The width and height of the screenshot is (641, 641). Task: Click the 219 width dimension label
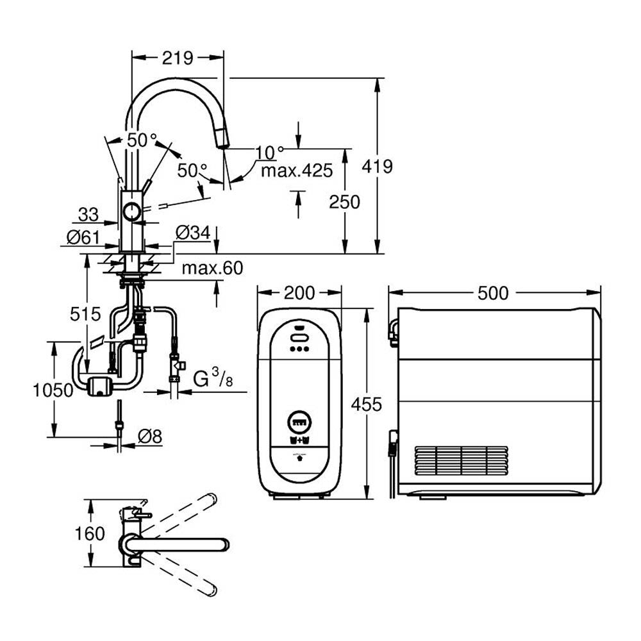click(178, 58)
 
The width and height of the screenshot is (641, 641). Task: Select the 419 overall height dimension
click(377, 167)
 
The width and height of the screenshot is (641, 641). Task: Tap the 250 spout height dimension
click(344, 201)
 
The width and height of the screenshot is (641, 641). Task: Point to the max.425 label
click(297, 170)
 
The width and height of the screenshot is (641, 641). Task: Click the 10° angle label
click(269, 152)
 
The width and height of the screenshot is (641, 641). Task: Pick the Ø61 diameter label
click(83, 238)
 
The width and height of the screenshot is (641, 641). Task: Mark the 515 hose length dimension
click(86, 313)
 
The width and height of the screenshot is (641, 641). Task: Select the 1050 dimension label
click(53, 390)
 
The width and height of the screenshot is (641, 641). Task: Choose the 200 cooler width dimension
click(299, 293)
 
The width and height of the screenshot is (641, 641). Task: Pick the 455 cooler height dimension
click(367, 404)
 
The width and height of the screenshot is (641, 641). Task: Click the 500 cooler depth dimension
click(493, 293)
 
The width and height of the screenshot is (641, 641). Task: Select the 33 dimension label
click(88, 213)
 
